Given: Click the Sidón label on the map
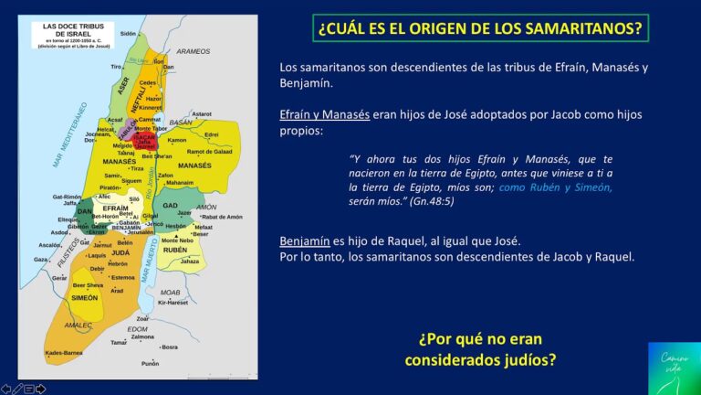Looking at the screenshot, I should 128,33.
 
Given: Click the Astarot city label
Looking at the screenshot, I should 203,113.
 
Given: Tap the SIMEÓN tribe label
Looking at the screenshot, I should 84,298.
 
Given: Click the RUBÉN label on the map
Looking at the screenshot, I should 174,249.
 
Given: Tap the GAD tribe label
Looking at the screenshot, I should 170,206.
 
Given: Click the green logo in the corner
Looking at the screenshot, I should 674,368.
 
